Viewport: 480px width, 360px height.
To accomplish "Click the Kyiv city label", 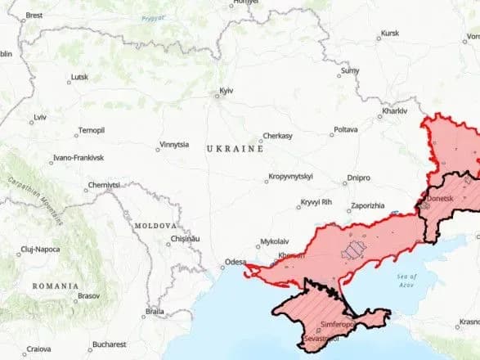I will click(x=226, y=90).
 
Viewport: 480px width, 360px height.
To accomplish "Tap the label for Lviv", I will click(x=39, y=117).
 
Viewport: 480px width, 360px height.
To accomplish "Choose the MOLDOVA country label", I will click(x=155, y=225).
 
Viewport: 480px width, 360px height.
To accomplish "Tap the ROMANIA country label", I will click(x=56, y=286).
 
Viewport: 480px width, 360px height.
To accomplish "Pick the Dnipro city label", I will click(x=358, y=177).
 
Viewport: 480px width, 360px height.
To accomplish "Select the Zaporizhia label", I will click(x=367, y=205).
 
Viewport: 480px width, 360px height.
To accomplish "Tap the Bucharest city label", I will click(x=108, y=344).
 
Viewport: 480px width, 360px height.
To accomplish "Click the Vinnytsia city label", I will click(x=174, y=144).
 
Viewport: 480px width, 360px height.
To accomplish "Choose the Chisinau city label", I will click(x=185, y=239).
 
